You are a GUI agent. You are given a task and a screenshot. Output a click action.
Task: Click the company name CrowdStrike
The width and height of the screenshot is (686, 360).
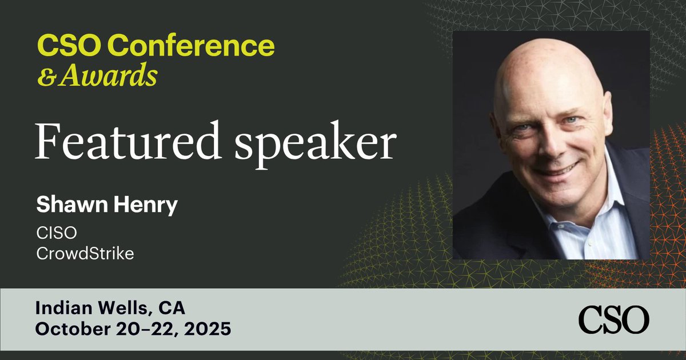85,253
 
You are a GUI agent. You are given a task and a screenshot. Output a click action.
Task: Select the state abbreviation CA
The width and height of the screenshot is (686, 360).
172,309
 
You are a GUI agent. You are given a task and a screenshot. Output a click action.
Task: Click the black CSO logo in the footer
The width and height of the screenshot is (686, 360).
613,319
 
